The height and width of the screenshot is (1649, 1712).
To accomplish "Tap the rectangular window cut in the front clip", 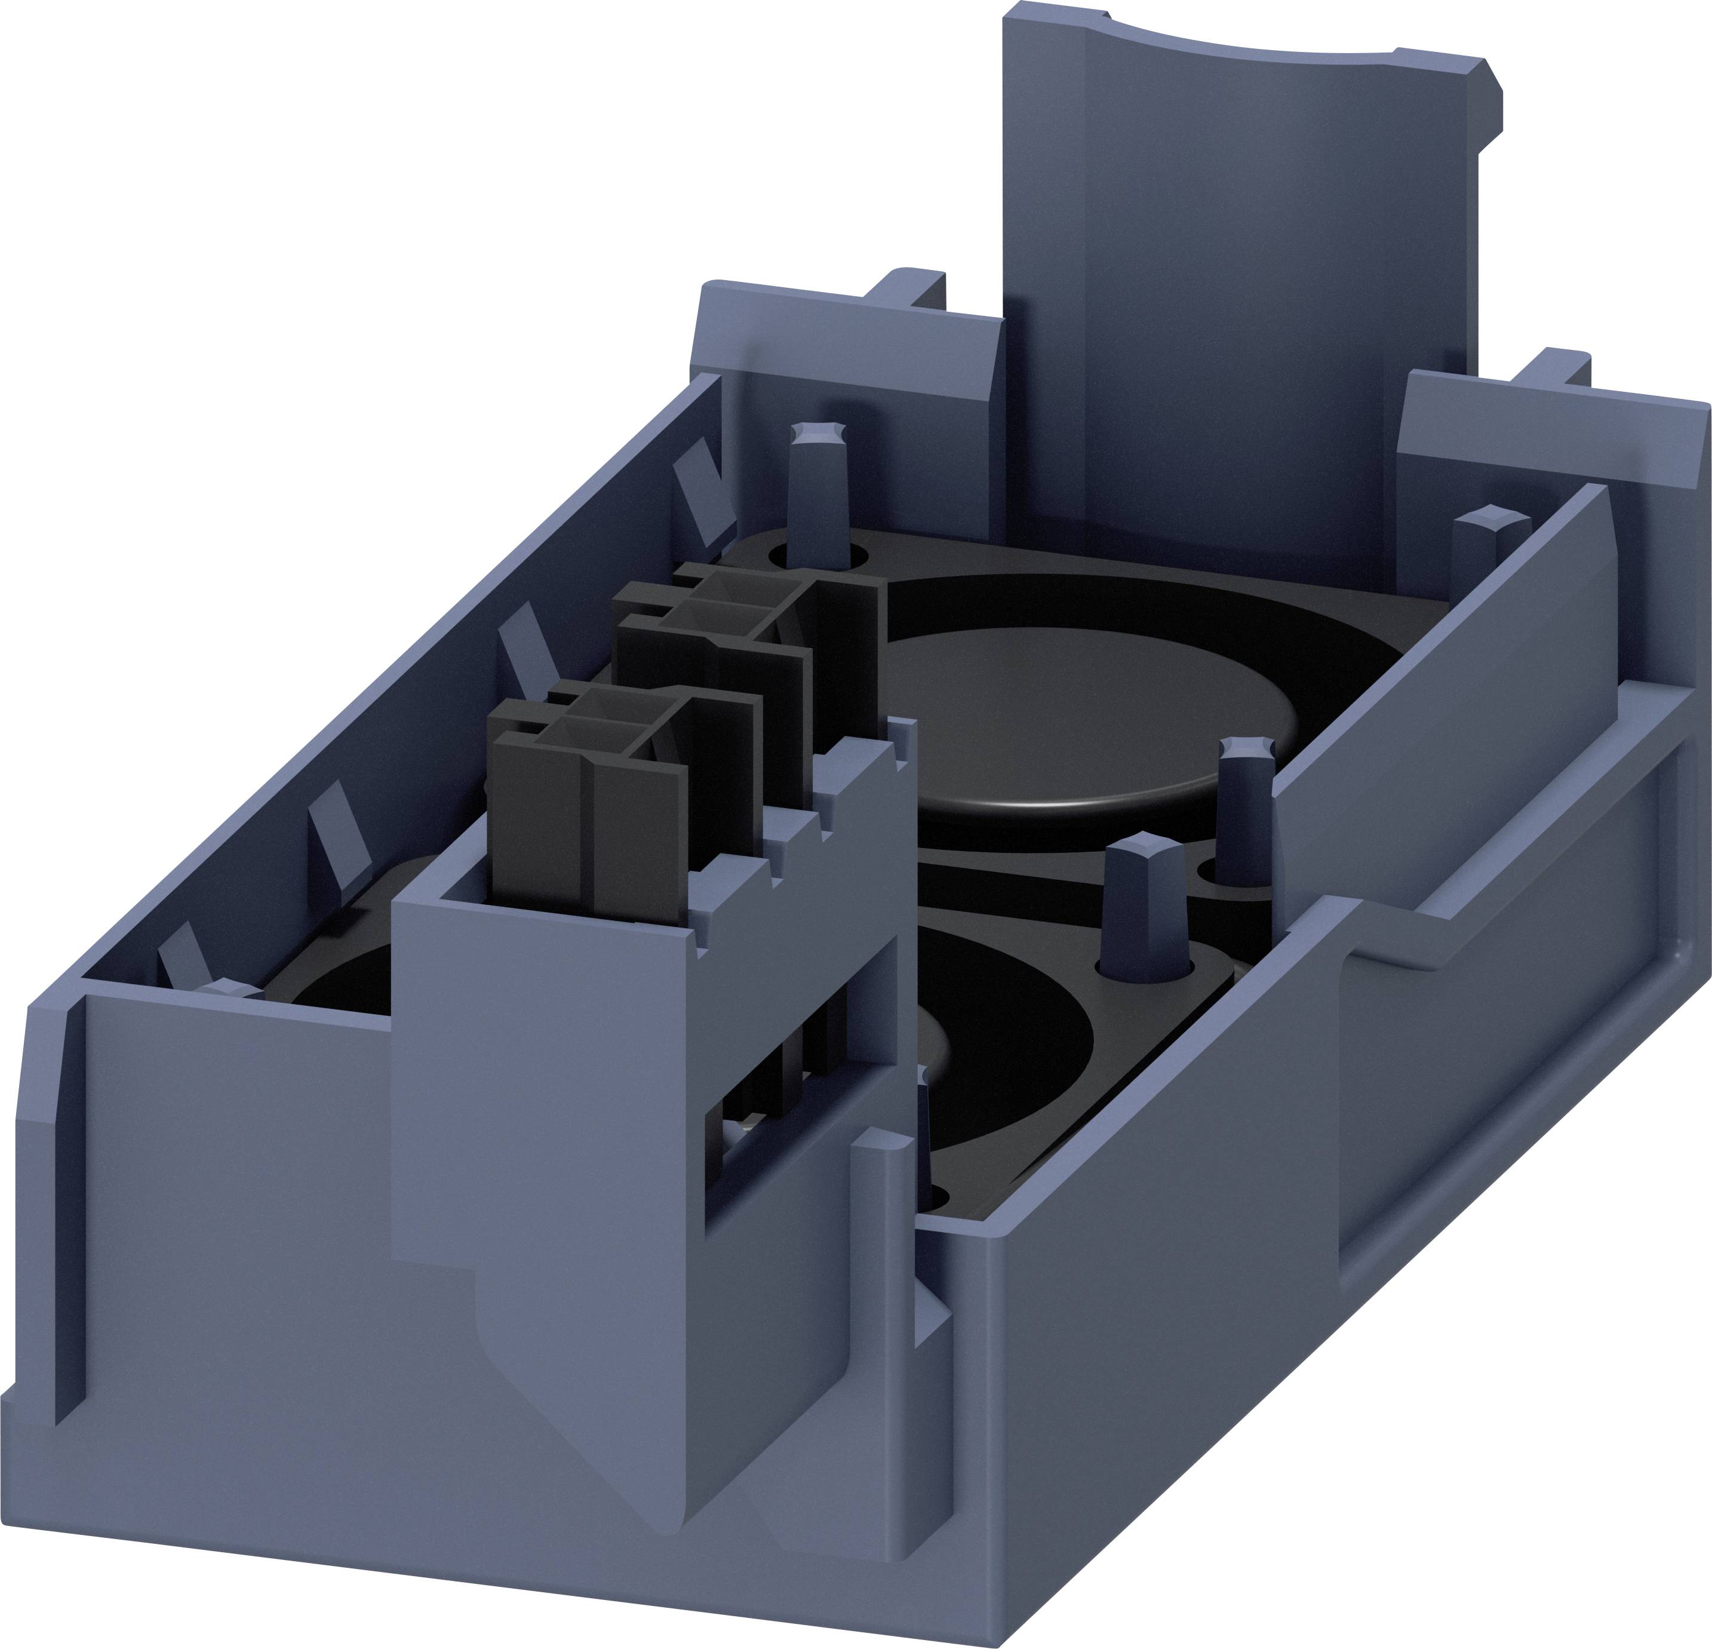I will pyautogui.click(x=777, y=1126).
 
